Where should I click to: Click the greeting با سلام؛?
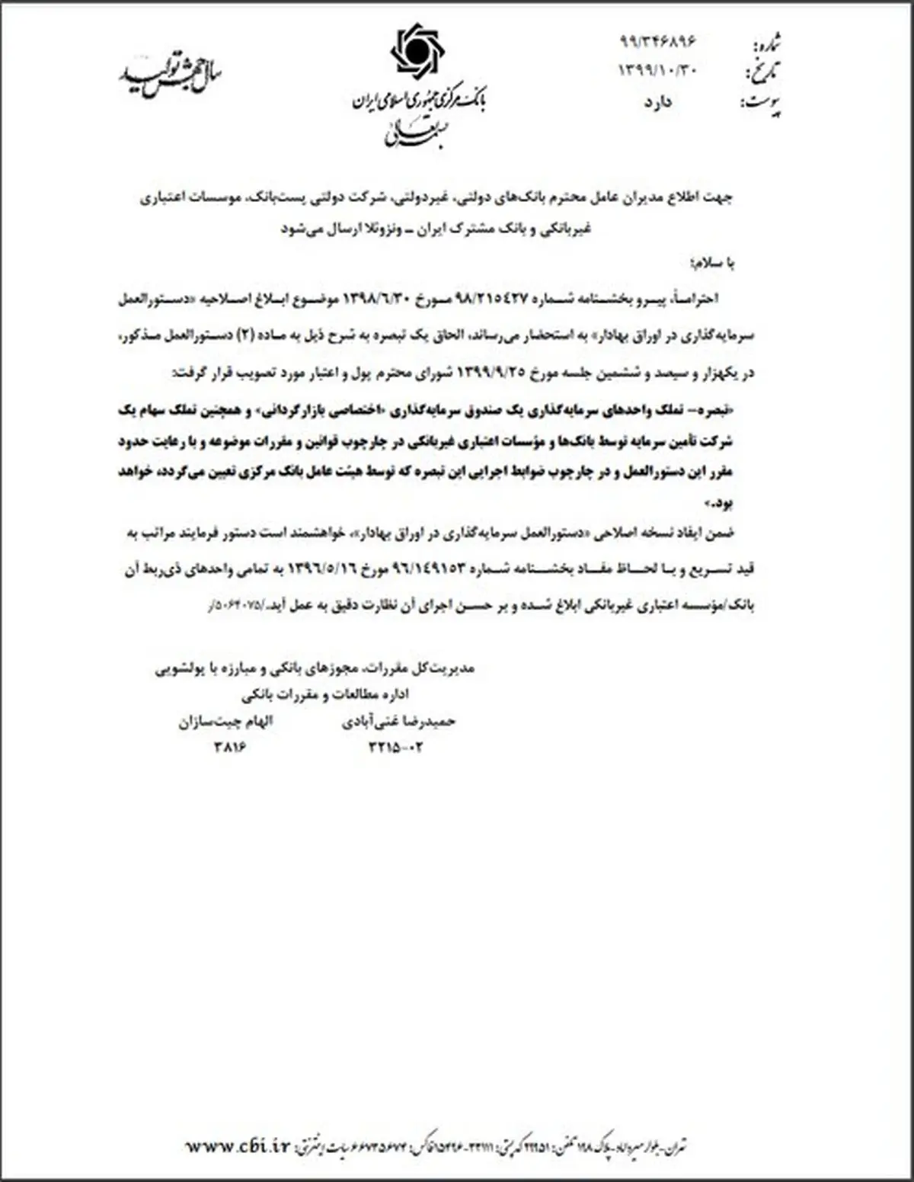[x=709, y=263]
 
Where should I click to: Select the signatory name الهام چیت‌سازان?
[x=226, y=722]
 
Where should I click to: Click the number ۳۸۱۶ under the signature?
[x=232, y=747]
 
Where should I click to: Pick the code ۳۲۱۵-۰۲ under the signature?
[x=395, y=747]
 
